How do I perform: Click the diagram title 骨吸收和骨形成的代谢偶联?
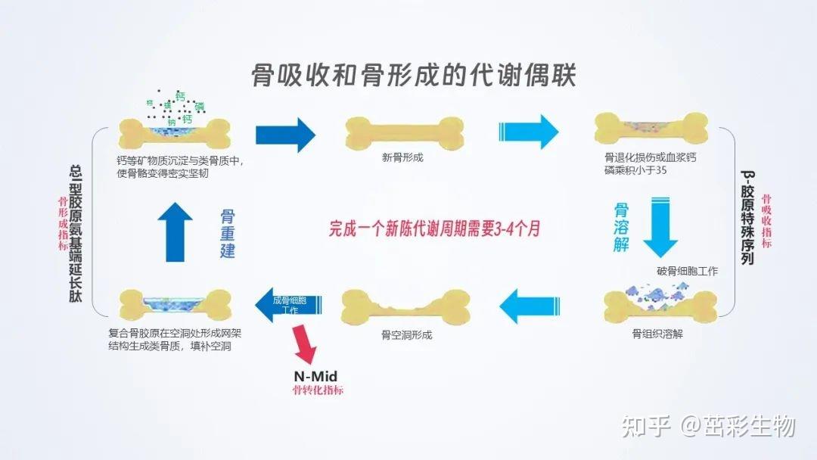(x=414, y=77)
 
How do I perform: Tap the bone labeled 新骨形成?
(x=403, y=133)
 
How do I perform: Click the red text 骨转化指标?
(x=318, y=390)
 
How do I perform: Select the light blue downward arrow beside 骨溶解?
(x=659, y=227)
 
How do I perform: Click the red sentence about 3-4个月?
(x=434, y=228)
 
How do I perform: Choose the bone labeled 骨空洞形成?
(x=405, y=306)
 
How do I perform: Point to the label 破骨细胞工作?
(x=688, y=271)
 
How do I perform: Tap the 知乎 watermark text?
(x=646, y=426)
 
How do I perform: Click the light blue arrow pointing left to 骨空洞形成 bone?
(x=529, y=306)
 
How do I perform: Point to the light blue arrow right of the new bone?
(x=528, y=134)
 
